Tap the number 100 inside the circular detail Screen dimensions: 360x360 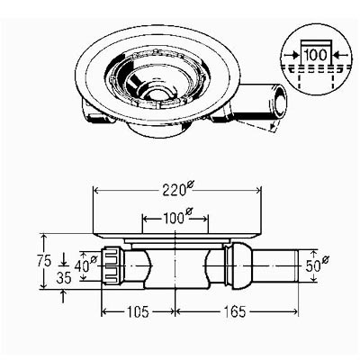coord(315,55)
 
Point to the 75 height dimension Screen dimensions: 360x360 coord(45,261)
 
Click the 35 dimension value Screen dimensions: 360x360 coord(64,278)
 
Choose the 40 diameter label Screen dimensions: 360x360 coord(85,265)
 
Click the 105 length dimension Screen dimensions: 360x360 coord(138,311)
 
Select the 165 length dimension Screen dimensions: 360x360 coord(235,311)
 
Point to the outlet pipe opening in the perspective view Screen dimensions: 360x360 coord(281,99)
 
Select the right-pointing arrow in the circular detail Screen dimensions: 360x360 coord(292,55)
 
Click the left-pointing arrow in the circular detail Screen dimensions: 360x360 coord(340,55)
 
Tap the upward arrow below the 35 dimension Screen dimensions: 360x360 coord(63,296)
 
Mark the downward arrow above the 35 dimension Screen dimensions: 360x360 coord(63,259)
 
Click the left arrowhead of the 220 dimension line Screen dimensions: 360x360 coord(96,190)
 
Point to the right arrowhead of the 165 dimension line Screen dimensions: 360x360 coord(295,311)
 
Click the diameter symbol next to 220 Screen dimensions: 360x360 coord(190,185)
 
